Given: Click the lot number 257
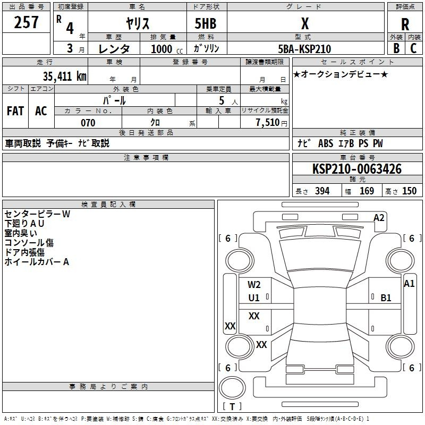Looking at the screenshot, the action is coord(26,22).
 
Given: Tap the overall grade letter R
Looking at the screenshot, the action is coord(405,24).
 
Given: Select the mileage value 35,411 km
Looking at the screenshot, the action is coord(64,76).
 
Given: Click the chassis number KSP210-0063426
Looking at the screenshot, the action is coord(357,169).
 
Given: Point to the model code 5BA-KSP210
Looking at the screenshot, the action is coord(304,49).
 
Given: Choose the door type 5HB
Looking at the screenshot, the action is coord(206,23).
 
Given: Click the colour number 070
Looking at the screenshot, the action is coord(88,123).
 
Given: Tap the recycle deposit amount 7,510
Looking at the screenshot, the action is coord(268,123).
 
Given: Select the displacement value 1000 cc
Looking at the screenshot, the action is coord(167,49).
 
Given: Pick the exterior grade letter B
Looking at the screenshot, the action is coord(396,48).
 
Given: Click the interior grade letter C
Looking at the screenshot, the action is coord(413,48).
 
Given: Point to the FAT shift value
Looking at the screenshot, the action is coord(15,111).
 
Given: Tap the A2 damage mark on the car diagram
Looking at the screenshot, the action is coord(379,218).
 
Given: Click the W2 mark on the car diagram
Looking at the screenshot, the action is coord(254,285).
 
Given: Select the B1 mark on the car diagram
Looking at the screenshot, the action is coord(386,298).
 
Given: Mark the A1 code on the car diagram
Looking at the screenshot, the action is coord(409,284).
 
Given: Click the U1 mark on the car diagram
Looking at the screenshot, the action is coord(254,298).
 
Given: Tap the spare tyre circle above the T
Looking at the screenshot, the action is coord(232,388).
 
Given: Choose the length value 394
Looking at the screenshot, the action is coord(322,191).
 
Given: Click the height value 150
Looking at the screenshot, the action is coord(409,191).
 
